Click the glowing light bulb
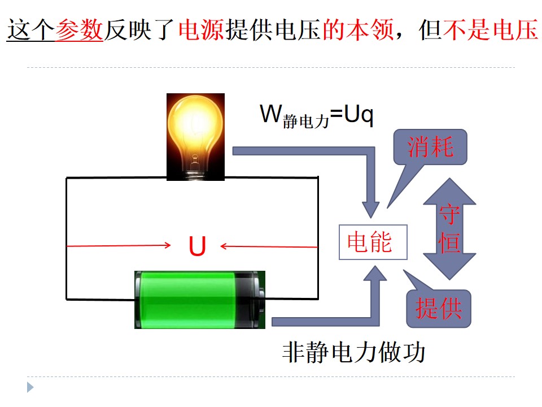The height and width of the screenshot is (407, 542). click(x=195, y=137)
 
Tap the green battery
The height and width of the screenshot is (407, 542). click(x=200, y=300)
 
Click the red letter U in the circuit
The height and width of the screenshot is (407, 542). click(x=197, y=246)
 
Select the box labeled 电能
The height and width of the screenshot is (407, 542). click(x=373, y=242)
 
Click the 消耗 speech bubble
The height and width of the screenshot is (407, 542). click(x=430, y=147)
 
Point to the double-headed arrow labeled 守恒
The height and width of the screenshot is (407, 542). click(x=450, y=229)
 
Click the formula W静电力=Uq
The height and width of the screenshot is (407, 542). click(x=317, y=115)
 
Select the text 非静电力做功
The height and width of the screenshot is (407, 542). click(x=353, y=352)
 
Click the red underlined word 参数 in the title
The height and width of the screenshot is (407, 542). click(x=79, y=30)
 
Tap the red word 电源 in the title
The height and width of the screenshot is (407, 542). click(x=202, y=30)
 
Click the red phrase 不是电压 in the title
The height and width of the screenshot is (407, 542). click(x=491, y=30)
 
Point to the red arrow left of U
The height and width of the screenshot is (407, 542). click(x=119, y=246)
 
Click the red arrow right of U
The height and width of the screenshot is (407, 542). click(x=269, y=246)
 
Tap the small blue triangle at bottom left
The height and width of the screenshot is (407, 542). click(x=30, y=387)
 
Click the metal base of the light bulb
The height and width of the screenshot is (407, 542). click(x=195, y=173)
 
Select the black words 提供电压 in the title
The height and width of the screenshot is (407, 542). click(x=273, y=30)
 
